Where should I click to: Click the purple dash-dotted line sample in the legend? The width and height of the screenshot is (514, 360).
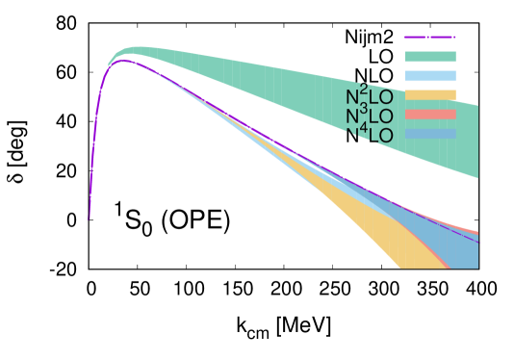[x=429, y=38]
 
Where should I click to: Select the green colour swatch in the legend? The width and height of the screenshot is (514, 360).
[x=429, y=57]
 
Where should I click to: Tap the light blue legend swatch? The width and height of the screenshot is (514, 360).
[x=429, y=76]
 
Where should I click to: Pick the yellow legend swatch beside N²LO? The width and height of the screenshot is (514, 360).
[x=429, y=95]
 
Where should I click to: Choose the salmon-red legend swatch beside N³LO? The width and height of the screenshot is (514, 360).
[x=429, y=115]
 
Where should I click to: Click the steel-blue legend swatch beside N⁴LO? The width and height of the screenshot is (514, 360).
[x=429, y=133]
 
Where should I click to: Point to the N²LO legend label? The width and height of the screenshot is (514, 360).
[x=370, y=97]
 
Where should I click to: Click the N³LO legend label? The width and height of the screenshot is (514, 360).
[x=370, y=116]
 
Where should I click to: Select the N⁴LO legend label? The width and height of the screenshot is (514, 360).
[x=370, y=136]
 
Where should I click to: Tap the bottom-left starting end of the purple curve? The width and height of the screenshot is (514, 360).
[x=90, y=219]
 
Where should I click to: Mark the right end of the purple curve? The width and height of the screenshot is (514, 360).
[x=476, y=240]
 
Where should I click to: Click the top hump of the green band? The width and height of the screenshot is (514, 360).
[x=135, y=49]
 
